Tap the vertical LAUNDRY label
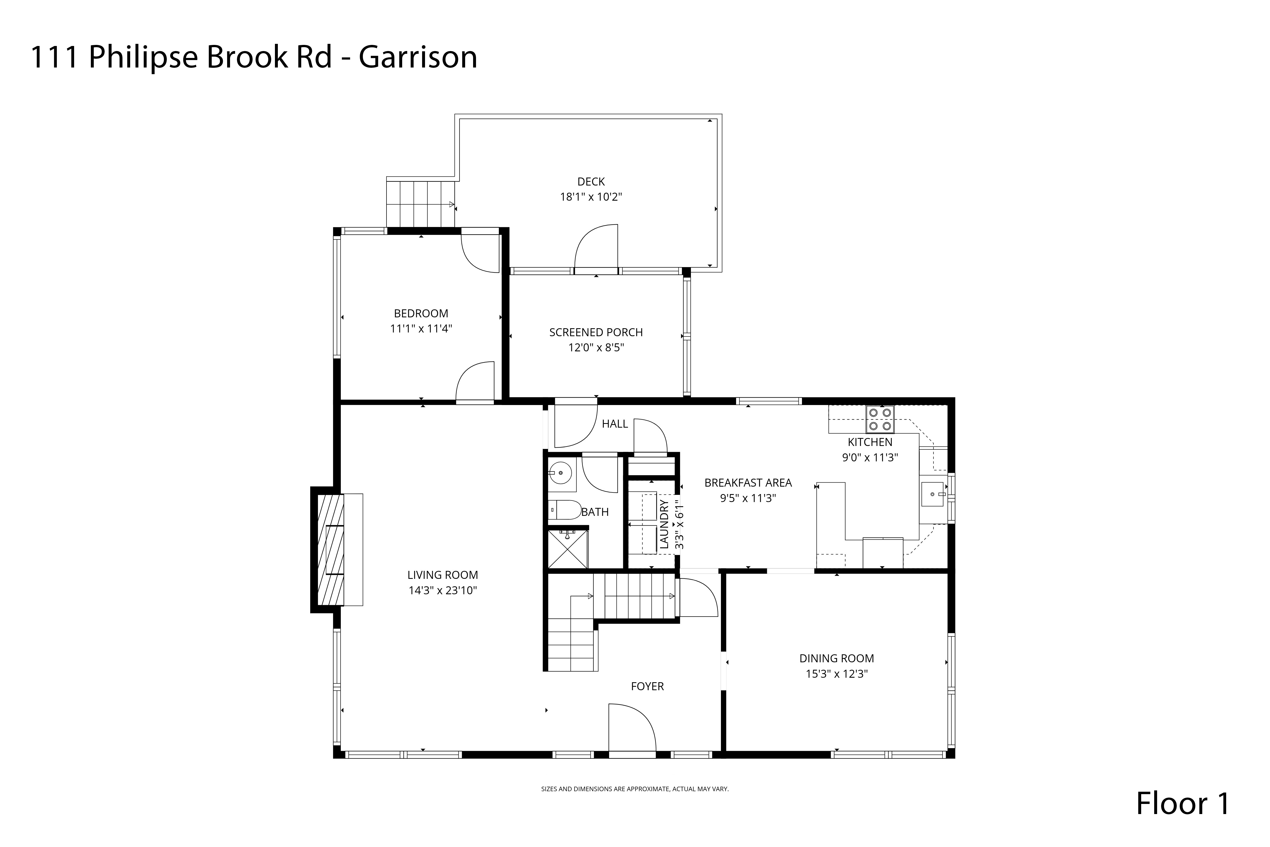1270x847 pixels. pos(664,524)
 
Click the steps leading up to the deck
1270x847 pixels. pos(421,204)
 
